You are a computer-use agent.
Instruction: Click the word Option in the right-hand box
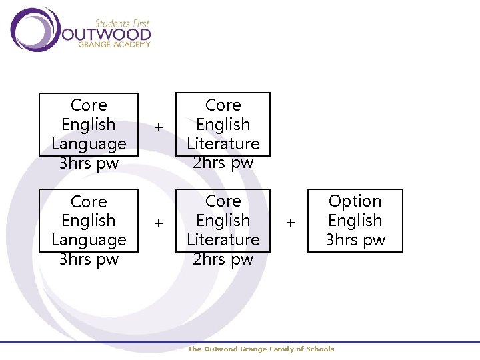[355, 201]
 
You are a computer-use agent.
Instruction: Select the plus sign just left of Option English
[291, 222]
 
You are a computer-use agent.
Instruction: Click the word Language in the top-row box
[89, 144]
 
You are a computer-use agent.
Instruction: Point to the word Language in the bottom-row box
[89, 240]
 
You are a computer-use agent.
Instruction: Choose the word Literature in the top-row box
[223, 144]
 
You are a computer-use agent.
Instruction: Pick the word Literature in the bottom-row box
[223, 240]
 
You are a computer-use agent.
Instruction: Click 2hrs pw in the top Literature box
[223, 163]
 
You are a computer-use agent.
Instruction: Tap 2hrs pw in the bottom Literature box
[223, 259]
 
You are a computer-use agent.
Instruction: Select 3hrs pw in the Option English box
[355, 240]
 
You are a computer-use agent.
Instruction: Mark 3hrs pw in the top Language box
[89, 163]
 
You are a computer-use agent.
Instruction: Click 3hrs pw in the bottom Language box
[89, 259]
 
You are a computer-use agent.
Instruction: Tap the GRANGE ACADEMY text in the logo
[114, 45]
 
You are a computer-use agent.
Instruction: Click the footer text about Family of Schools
[261, 349]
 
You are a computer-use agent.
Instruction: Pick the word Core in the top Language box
[89, 105]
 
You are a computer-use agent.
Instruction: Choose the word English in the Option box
[355, 221]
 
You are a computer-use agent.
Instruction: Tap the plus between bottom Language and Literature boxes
[159, 223]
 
